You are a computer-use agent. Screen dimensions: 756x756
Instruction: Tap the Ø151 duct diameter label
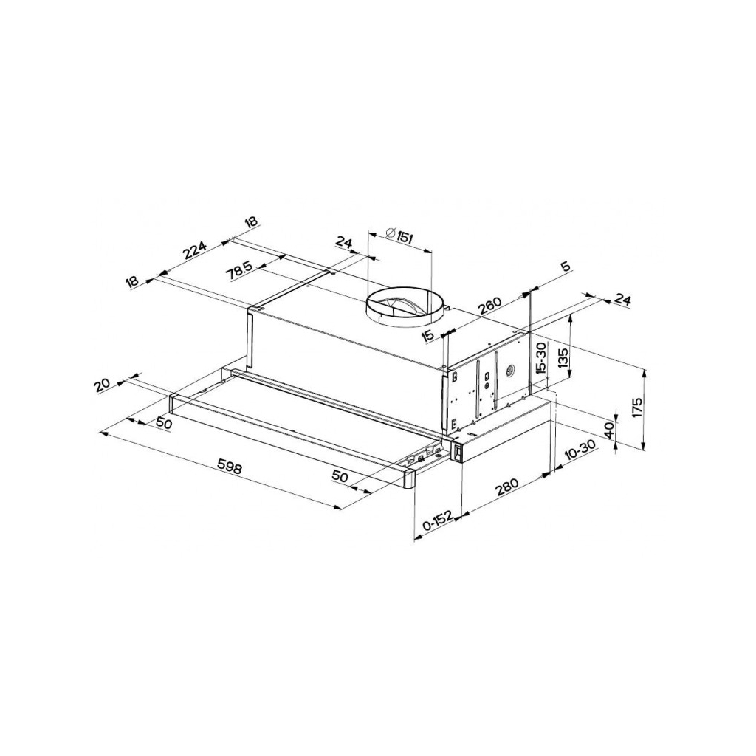[x=399, y=237]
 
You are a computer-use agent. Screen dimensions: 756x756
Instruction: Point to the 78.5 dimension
[x=239, y=270]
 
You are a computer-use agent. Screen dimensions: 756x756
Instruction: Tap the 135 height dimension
[x=563, y=358]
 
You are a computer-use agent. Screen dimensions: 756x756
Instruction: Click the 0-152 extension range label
[x=437, y=522]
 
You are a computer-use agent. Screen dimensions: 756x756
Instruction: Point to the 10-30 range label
[x=578, y=452]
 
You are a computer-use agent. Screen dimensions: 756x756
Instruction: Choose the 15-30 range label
[x=541, y=359]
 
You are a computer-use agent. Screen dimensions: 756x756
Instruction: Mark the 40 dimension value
[x=609, y=430]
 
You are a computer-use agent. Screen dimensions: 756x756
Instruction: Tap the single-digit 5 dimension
[x=566, y=267]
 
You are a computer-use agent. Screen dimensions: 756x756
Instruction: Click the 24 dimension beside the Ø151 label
[x=344, y=241]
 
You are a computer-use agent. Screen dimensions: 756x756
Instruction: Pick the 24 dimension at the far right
[x=622, y=300]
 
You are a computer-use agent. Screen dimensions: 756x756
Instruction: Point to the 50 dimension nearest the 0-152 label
[x=340, y=477]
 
